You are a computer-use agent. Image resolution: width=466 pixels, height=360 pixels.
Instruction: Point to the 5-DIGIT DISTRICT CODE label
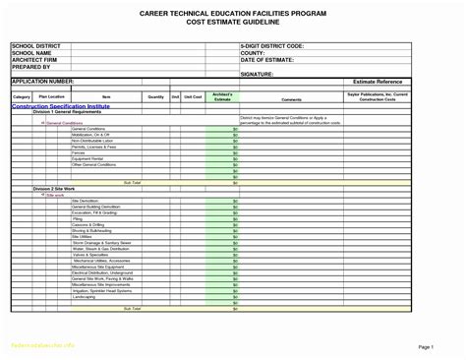[272, 46]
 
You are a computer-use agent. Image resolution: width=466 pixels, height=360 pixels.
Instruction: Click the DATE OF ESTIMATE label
[266, 60]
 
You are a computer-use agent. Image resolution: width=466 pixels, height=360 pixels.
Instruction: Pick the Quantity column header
[156, 97]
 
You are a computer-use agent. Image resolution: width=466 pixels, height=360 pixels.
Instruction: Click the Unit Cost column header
[196, 97]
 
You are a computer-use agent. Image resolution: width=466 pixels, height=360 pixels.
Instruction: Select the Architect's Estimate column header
[222, 97]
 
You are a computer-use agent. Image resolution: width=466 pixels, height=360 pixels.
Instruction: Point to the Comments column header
[290, 98]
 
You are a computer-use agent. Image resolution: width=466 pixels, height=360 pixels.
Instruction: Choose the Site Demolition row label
[87, 200]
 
